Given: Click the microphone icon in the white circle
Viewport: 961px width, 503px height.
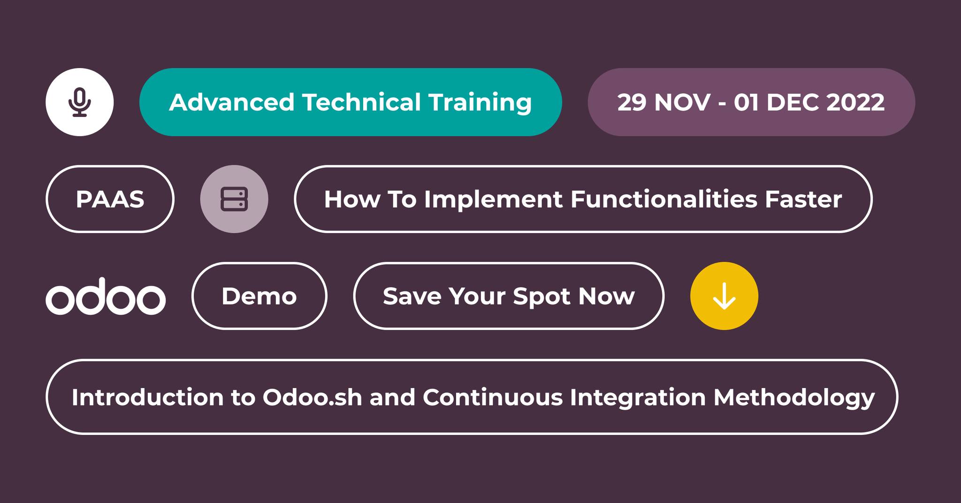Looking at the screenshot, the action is (x=80, y=102).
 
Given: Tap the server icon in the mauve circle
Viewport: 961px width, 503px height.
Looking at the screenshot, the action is (x=234, y=199).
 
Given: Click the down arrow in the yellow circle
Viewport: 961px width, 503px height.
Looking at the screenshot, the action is (x=724, y=296).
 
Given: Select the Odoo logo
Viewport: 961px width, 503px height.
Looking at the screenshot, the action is (x=106, y=296).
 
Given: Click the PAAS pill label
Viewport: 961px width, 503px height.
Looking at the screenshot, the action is (x=110, y=199).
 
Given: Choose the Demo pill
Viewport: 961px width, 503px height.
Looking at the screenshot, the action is (x=259, y=296).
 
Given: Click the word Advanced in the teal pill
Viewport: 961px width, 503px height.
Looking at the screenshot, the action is (x=231, y=102).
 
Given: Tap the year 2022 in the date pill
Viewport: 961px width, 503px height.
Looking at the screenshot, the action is (x=855, y=102).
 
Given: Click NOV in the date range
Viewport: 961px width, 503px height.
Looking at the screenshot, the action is (x=682, y=102).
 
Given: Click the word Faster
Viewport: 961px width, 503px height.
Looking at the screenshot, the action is (x=803, y=199).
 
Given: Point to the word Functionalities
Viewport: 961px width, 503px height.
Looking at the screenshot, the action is (x=664, y=199).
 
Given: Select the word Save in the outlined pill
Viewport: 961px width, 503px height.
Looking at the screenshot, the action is (x=412, y=296).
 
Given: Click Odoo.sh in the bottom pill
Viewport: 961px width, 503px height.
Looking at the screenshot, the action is (x=312, y=397).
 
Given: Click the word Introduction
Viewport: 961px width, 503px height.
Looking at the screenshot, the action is (x=148, y=397).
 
